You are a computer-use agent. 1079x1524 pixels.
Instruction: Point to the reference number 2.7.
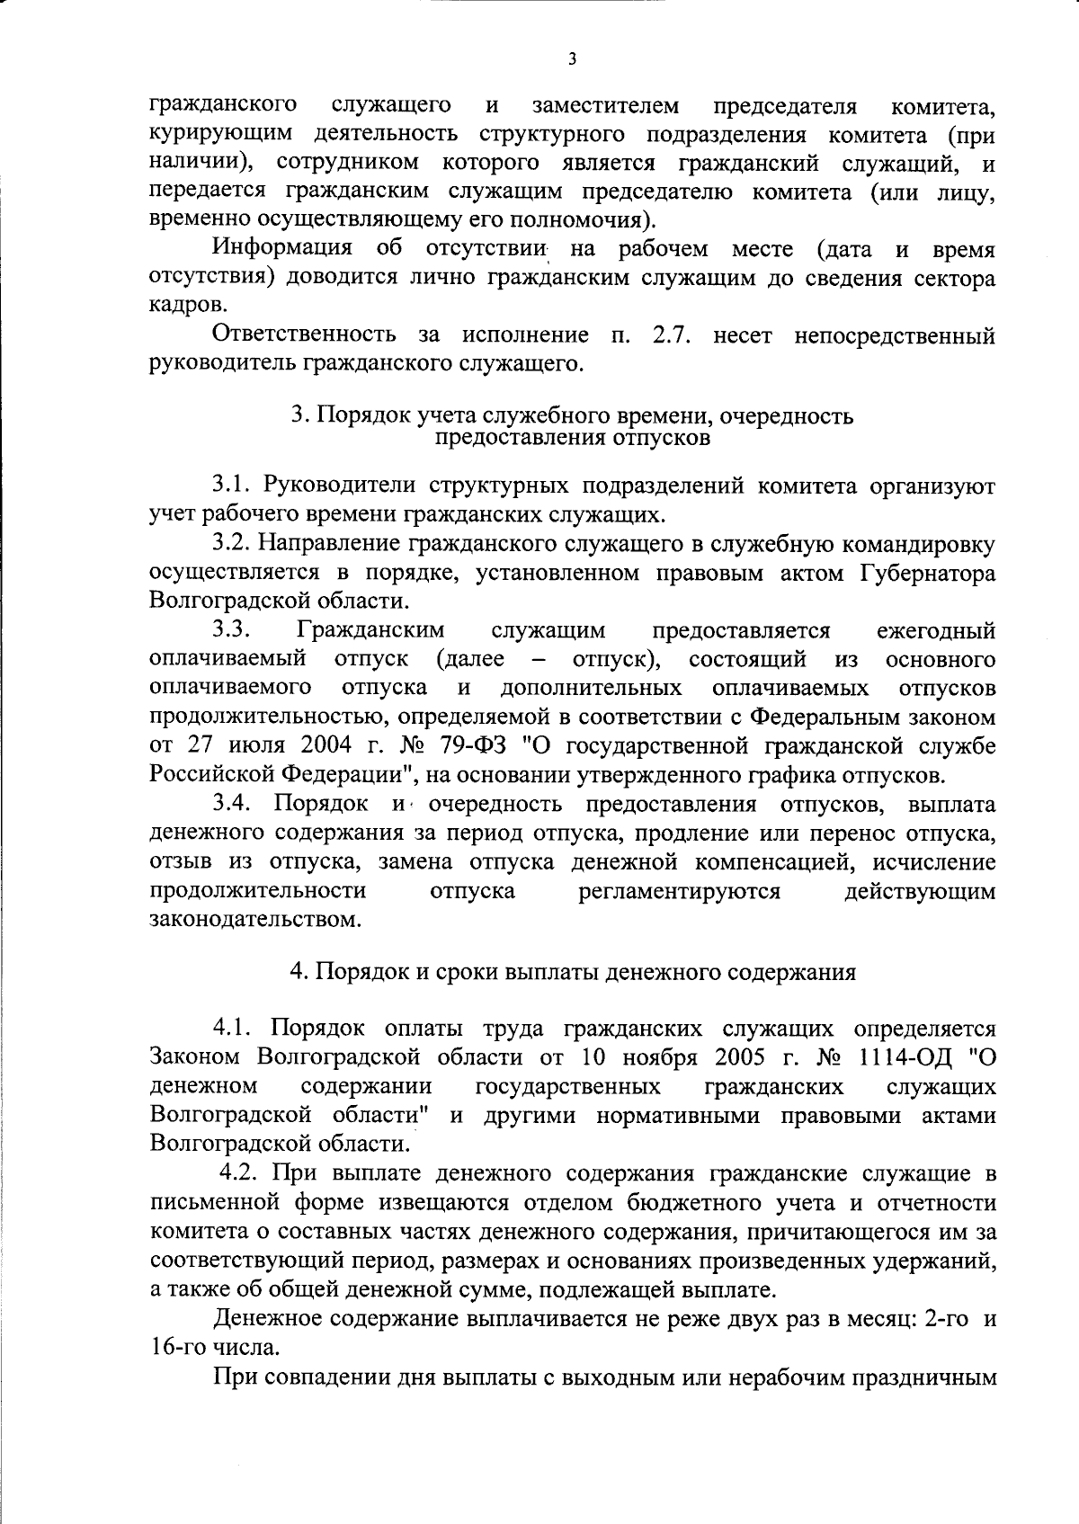[x=667, y=335]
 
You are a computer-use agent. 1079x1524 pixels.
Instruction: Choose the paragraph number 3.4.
[x=233, y=804]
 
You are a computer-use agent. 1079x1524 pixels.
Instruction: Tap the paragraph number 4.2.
[x=239, y=1172]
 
